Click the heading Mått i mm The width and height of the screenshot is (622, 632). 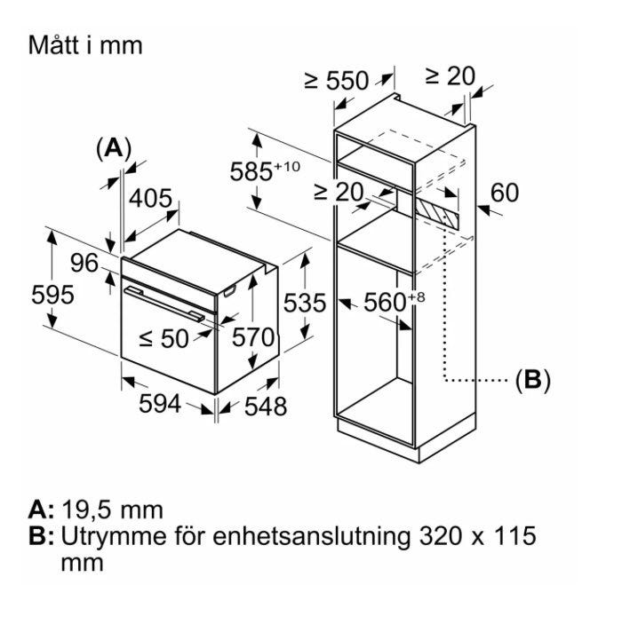(85, 44)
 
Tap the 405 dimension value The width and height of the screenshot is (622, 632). (150, 198)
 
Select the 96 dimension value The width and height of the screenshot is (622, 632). (84, 264)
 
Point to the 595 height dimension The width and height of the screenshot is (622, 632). (53, 295)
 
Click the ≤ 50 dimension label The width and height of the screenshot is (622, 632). (164, 337)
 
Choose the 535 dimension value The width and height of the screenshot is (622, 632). (305, 304)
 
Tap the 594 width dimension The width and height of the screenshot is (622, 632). (160, 404)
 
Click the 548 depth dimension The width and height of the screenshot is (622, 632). (266, 406)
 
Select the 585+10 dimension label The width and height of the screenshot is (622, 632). (266, 170)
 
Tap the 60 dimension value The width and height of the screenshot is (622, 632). (504, 193)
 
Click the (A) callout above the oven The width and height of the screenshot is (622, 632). (113, 148)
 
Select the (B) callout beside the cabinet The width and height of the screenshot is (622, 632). (533, 381)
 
